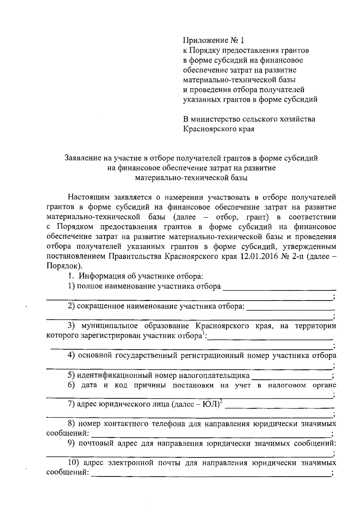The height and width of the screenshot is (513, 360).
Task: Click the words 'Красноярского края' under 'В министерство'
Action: [219, 129]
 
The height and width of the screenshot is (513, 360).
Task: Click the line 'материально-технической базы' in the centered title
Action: [191, 178]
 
